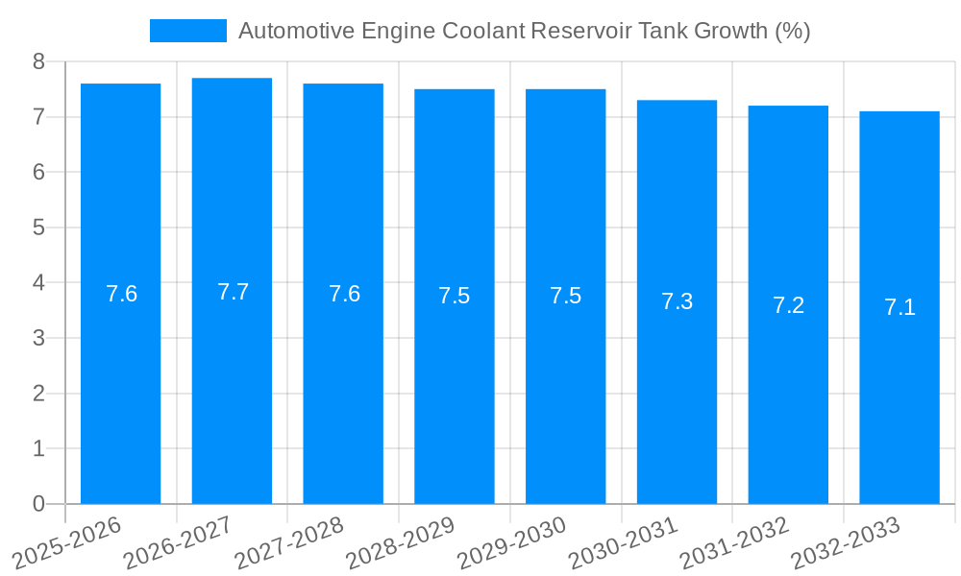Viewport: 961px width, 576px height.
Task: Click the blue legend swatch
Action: click(x=187, y=31)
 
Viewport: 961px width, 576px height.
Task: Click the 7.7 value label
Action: click(x=233, y=292)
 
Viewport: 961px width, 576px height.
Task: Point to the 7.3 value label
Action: click(x=677, y=301)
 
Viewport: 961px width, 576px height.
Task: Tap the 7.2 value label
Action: click(x=788, y=305)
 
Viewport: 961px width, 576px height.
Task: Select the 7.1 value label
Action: click(x=899, y=307)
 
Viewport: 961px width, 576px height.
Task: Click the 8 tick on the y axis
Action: click(x=38, y=61)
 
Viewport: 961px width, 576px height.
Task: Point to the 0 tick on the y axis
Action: click(x=38, y=504)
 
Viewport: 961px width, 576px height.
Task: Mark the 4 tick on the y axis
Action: click(x=38, y=283)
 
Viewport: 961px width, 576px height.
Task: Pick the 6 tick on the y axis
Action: click(x=38, y=172)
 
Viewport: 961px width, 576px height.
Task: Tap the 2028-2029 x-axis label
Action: click(x=401, y=542)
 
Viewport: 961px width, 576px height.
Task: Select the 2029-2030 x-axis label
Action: click(x=512, y=542)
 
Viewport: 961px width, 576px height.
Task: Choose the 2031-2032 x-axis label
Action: click(x=734, y=542)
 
